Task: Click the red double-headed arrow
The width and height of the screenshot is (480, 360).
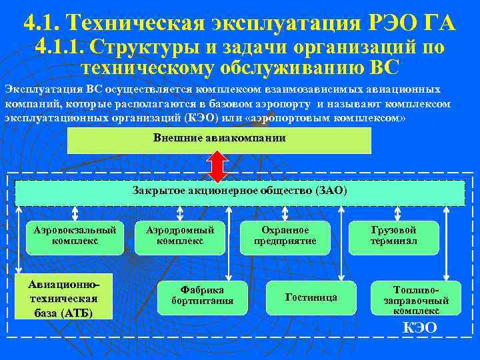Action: coord(218,166)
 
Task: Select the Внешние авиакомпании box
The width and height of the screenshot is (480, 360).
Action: coord(219,140)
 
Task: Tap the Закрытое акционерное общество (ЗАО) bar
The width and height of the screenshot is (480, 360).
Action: coord(239,192)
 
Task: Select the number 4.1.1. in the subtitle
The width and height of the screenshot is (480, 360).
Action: coord(60,47)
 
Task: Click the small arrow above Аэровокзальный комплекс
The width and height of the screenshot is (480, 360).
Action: coord(75,213)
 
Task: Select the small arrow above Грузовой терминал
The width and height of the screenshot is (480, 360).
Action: coord(393,213)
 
